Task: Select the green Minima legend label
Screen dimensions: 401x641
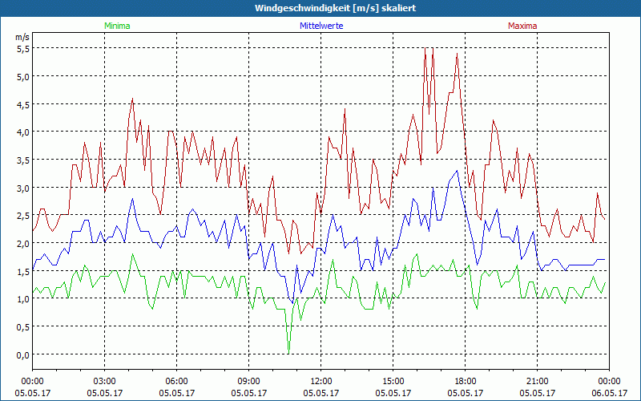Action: pyautogui.click(x=116, y=26)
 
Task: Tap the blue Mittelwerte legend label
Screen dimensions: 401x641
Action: pyautogui.click(x=321, y=26)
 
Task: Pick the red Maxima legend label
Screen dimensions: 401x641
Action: pyautogui.click(x=522, y=26)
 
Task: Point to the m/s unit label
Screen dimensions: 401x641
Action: pyautogui.click(x=22, y=37)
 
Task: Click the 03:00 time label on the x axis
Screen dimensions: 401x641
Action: pyautogui.click(x=105, y=381)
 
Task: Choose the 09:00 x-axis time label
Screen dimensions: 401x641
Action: pyautogui.click(x=249, y=381)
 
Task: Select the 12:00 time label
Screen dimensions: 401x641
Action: pyautogui.click(x=321, y=381)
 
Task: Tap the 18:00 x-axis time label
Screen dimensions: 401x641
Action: pyautogui.click(x=466, y=381)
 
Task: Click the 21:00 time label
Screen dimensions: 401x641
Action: pyautogui.click(x=538, y=381)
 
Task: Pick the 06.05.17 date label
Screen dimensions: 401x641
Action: pyautogui.click(x=609, y=392)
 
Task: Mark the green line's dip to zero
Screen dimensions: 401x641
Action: pyautogui.click(x=288, y=353)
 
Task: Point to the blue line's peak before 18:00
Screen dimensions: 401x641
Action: pyautogui.click(x=457, y=171)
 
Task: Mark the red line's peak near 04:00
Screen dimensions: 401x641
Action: pyautogui.click(x=132, y=99)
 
